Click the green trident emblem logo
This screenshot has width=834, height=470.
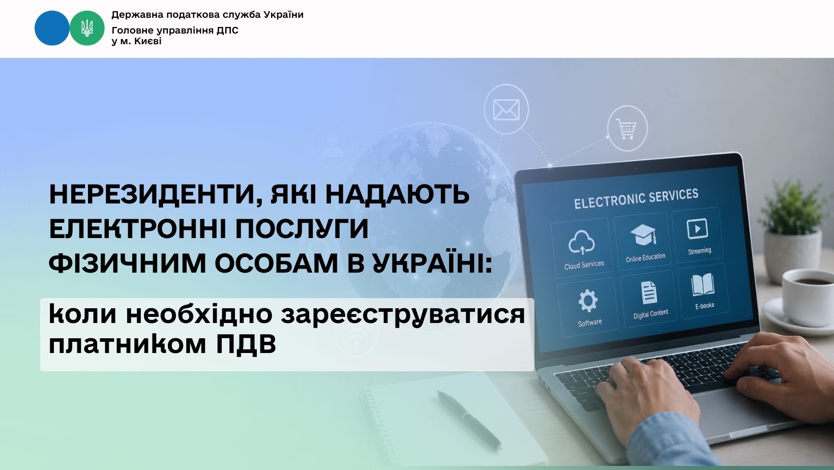click(87, 28)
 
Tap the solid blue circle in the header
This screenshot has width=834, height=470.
click(52, 28)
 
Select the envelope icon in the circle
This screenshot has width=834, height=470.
click(506, 110)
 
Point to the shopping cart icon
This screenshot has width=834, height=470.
click(627, 129)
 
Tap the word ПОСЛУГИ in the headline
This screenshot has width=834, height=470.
click(302, 229)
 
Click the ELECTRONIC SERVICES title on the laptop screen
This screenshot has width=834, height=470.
click(636, 199)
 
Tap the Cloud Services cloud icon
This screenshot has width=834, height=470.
click(581, 243)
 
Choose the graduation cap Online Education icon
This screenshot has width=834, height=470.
click(643, 234)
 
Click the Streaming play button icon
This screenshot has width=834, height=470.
click(697, 229)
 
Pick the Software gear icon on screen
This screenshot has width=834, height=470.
click(588, 301)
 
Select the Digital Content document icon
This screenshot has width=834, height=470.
click(648, 292)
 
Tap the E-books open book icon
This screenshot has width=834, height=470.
click(703, 285)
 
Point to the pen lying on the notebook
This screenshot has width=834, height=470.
click(468, 420)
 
